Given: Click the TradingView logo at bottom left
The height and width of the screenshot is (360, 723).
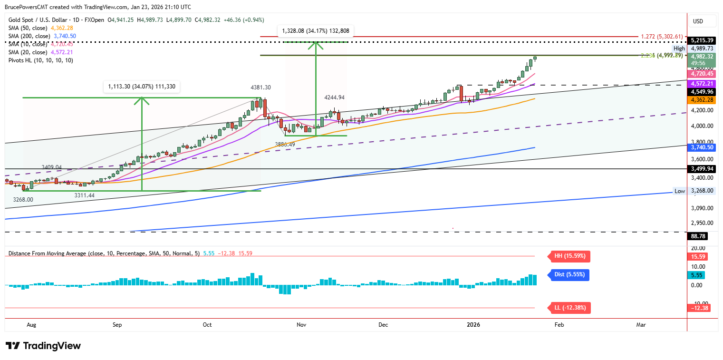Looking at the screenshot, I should point(43,346).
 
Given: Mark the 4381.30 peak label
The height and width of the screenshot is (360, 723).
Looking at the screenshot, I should point(261,88).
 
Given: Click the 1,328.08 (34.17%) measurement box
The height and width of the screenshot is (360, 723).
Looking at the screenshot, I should point(315,31).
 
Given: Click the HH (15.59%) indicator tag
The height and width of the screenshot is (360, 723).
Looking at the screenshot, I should point(570,256).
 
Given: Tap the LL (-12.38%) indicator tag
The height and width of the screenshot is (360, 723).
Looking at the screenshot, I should point(570,308).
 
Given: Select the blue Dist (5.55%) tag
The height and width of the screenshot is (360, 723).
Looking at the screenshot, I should point(569,274).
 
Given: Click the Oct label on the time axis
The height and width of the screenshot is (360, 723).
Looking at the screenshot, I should point(207,325).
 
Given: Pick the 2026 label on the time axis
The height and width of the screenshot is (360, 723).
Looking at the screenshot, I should point(473,325).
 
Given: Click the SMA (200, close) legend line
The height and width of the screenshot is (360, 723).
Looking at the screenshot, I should point(42,36).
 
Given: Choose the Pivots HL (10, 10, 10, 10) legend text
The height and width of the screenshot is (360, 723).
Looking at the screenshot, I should point(40,60).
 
